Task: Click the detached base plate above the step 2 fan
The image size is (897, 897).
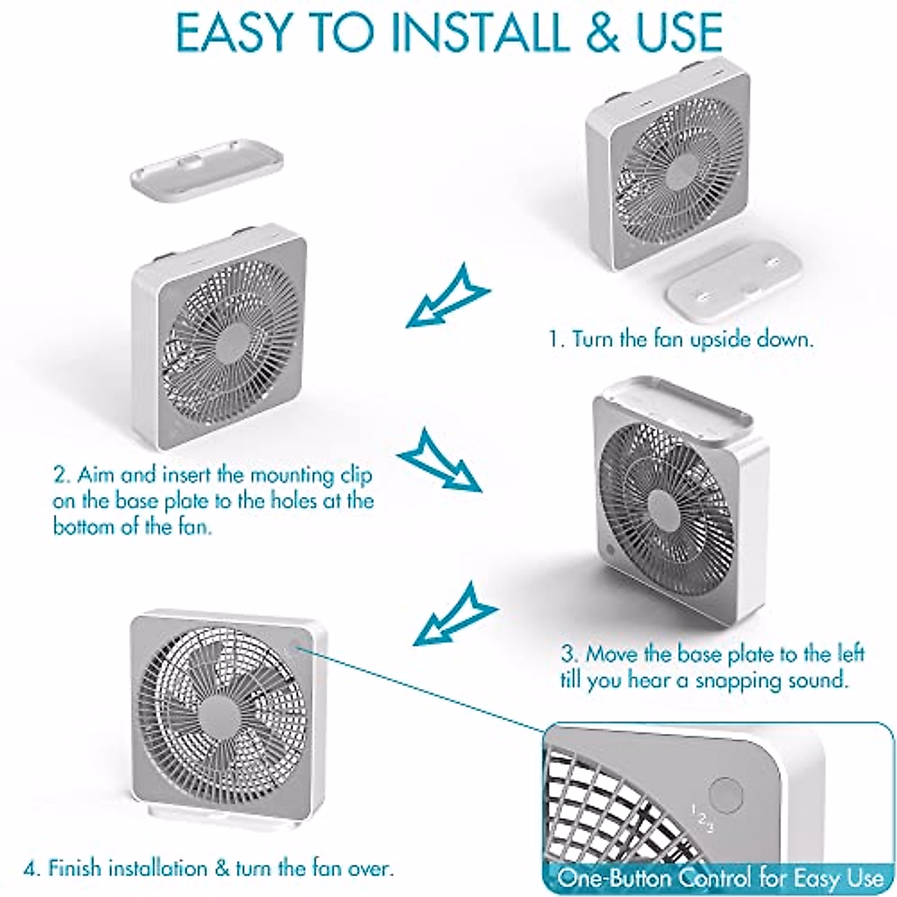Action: pos(207,171)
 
